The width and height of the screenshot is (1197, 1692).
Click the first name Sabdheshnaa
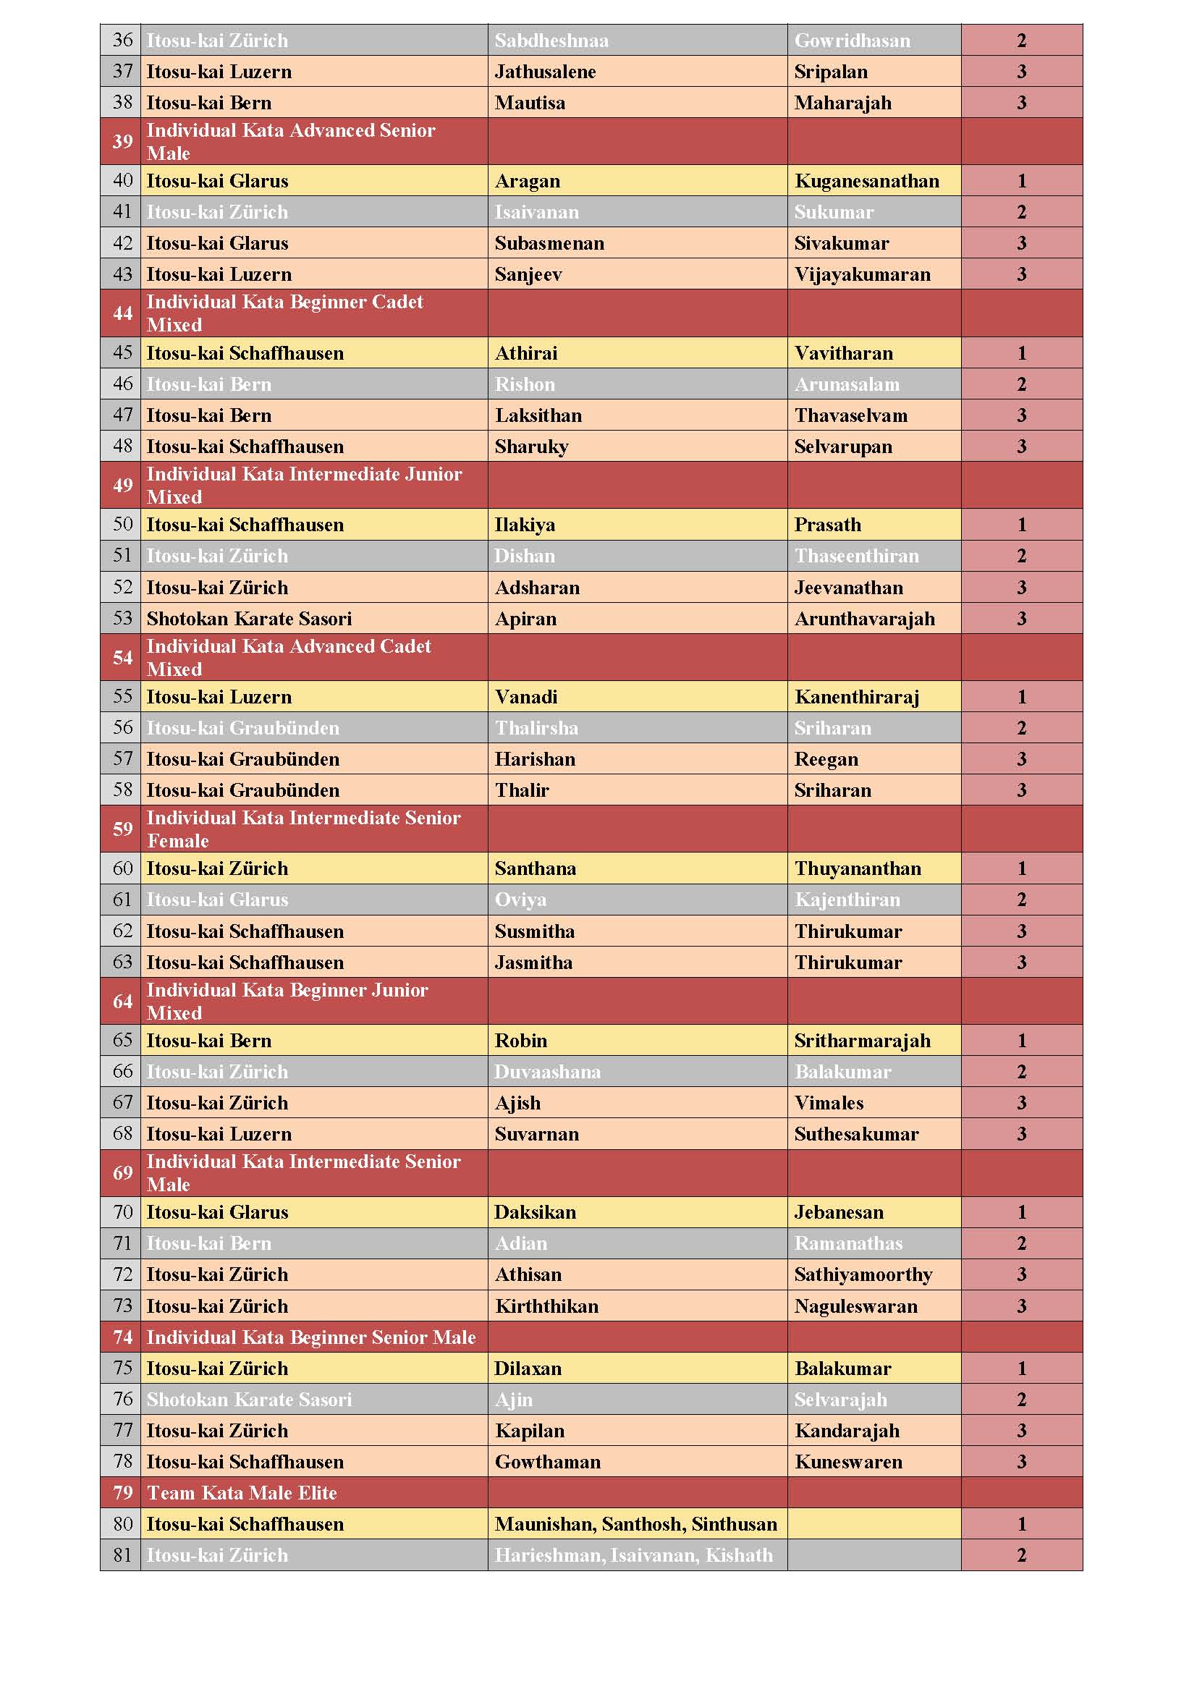pyautogui.click(x=551, y=41)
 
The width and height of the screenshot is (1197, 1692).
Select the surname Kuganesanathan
pyautogui.click(x=866, y=181)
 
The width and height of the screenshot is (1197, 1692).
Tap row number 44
pyautogui.click(x=122, y=313)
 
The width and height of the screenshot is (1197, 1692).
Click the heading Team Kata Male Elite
pyautogui.click(x=242, y=1493)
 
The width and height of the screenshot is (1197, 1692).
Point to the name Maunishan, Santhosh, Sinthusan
pyautogui.click(x=635, y=1524)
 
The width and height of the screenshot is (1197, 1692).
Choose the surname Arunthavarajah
pyautogui.click(x=864, y=619)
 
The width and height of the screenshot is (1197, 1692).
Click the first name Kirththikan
pyautogui.click(x=546, y=1306)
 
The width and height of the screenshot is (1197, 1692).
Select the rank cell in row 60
pyautogui.click(x=1021, y=869)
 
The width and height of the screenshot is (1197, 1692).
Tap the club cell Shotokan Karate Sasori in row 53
pyautogui.click(x=249, y=619)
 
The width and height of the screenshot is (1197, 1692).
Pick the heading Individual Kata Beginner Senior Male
pyautogui.click(x=311, y=1337)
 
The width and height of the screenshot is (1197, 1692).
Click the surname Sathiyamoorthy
pyautogui.click(x=863, y=1275)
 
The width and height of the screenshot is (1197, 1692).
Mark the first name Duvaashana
pyautogui.click(x=547, y=1073)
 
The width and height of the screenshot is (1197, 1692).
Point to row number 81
pyautogui.click(x=122, y=1555)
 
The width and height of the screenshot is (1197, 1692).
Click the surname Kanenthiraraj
pyautogui.click(x=856, y=697)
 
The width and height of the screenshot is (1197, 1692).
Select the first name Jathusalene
pyautogui.click(x=545, y=72)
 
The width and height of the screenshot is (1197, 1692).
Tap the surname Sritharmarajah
pyautogui.click(x=862, y=1041)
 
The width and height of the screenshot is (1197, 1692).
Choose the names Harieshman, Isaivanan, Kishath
pyautogui.click(x=633, y=1555)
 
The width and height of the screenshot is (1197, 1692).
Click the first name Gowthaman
pyautogui.click(x=547, y=1462)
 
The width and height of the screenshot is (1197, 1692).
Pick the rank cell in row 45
pyautogui.click(x=1021, y=354)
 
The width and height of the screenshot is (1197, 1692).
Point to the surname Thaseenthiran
pyautogui.click(x=855, y=557)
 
